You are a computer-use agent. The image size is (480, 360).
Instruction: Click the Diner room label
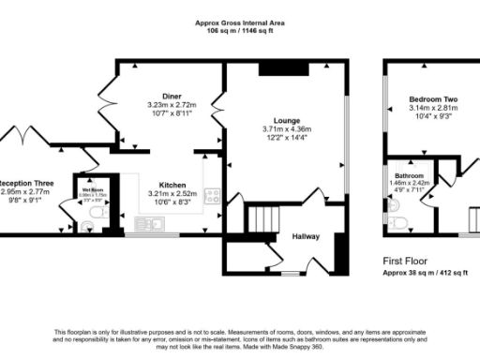click(x=171, y=96)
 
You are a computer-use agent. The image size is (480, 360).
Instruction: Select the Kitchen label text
click(x=172, y=185)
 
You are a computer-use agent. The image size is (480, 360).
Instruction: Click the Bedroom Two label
click(x=432, y=98)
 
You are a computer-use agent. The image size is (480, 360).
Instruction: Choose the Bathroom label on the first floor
click(x=409, y=176)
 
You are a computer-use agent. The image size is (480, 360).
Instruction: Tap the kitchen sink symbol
click(x=148, y=223)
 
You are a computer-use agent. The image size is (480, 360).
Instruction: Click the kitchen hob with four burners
click(x=212, y=197)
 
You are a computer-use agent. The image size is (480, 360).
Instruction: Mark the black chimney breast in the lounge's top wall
click(x=277, y=67)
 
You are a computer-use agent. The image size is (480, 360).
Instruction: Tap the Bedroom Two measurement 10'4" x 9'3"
click(x=432, y=115)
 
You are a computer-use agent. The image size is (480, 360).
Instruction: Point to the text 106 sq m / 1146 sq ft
click(x=240, y=31)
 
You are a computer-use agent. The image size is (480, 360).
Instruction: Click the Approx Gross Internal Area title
click(x=240, y=22)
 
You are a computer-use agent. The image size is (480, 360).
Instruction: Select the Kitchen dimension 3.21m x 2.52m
click(x=172, y=193)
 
